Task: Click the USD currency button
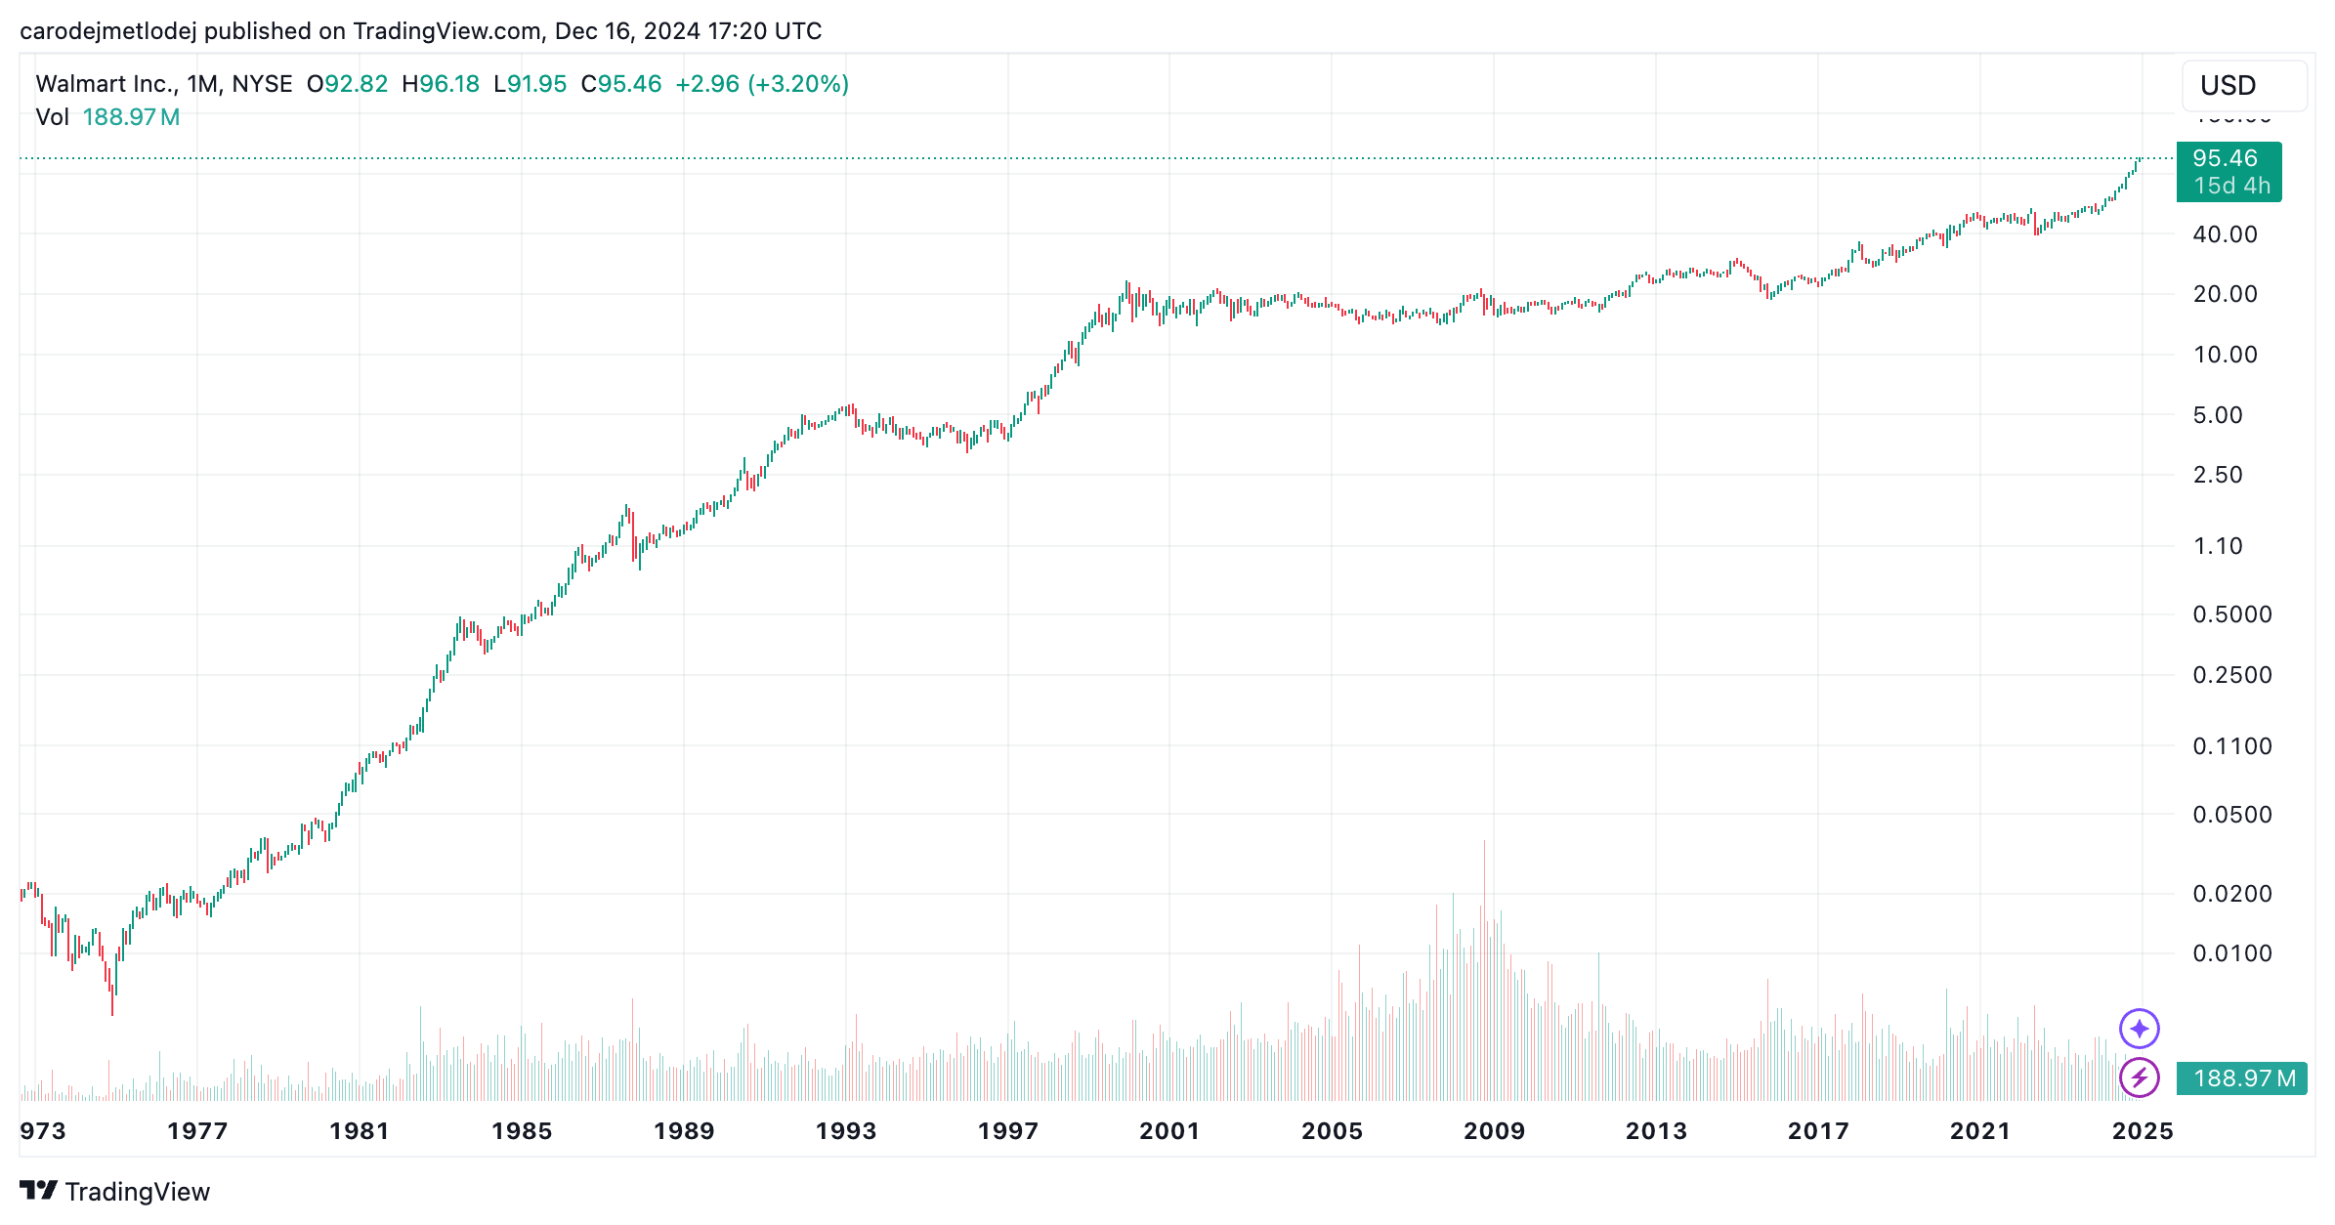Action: coord(2243,86)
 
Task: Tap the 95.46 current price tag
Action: coord(2228,171)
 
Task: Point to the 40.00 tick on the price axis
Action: coord(2225,234)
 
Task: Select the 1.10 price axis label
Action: coord(2218,546)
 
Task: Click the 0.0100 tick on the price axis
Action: coord(2231,953)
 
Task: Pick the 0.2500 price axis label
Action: coord(2231,675)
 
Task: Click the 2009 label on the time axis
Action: coord(1494,1131)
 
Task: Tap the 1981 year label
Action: coord(359,1131)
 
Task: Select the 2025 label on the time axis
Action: coord(2142,1131)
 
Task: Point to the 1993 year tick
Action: coord(845,1131)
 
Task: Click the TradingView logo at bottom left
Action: coord(115,1192)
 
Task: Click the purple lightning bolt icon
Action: coord(2139,1078)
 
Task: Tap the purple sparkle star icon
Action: coord(2139,1029)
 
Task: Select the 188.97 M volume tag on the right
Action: coord(2243,1078)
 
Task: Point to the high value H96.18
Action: coord(441,84)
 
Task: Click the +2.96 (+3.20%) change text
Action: coord(762,84)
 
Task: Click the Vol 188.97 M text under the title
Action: coord(107,117)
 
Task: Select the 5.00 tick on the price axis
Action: coord(2218,415)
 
